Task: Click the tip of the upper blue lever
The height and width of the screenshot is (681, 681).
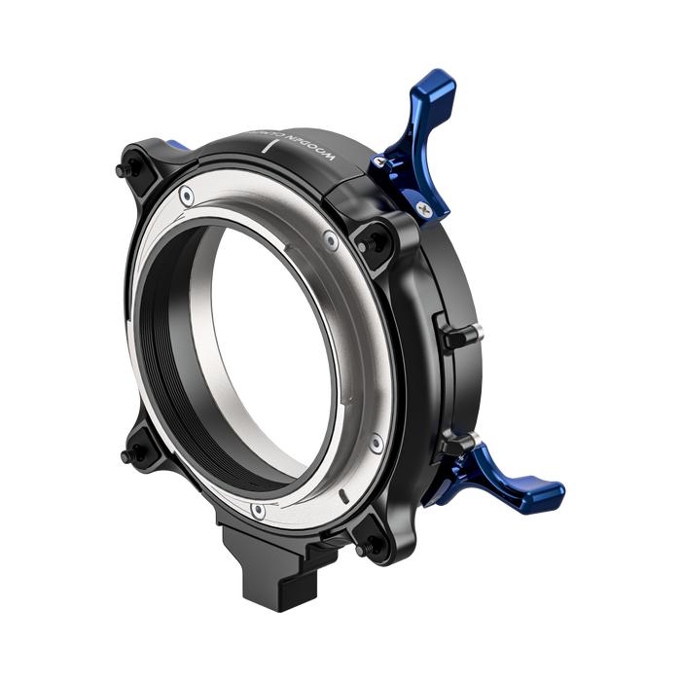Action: point(446,78)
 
